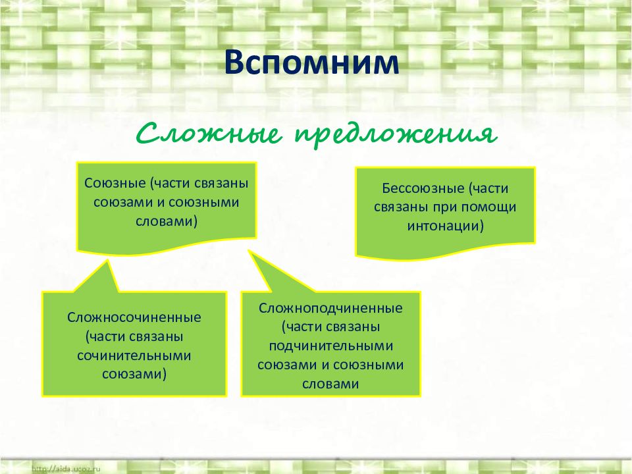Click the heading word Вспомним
pyautogui.click(x=312, y=64)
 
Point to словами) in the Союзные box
pyautogui.click(x=167, y=221)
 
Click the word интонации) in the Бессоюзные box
pyautogui.click(x=446, y=226)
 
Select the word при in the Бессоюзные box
pyautogui.click(x=452, y=207)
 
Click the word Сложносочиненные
pyautogui.click(x=134, y=318)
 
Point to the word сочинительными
pyautogui.click(x=134, y=355)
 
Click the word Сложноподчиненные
pyautogui.click(x=330, y=308)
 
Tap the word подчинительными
pyautogui.click(x=330, y=346)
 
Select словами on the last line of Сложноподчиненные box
pyautogui.click(x=330, y=384)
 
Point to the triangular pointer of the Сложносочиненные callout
pyautogui.click(x=99, y=276)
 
